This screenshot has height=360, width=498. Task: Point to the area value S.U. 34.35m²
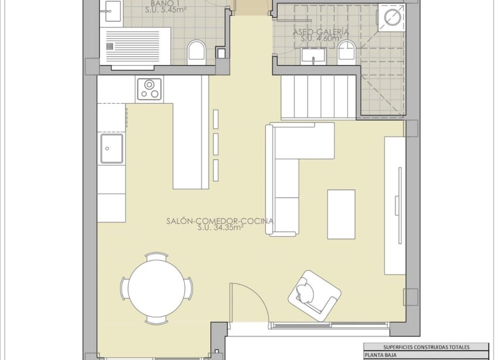point(220,229)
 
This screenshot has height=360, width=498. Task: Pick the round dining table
point(156,288)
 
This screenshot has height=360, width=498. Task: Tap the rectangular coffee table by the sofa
point(341,214)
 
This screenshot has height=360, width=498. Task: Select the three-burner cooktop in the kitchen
point(150,89)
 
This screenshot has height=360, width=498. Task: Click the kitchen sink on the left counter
point(111,148)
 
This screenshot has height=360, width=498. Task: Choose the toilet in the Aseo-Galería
point(347,53)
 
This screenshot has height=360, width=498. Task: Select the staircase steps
point(319,97)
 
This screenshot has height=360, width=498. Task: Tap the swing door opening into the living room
point(249,302)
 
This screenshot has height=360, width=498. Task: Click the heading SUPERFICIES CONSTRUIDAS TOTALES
point(425,347)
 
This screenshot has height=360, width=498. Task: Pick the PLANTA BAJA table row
point(425,355)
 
